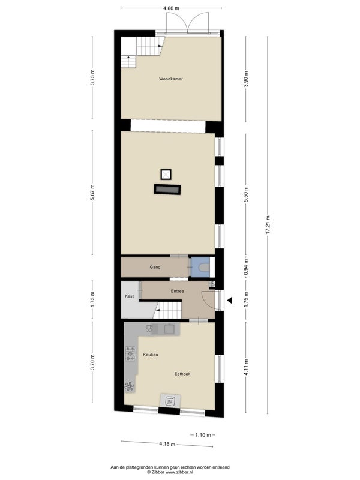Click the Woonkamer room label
click(171, 79)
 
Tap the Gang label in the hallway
click(155, 267)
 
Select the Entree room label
click(178, 291)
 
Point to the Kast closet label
click(130, 296)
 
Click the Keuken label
click(151, 355)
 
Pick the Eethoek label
click(182, 374)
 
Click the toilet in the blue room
click(204, 268)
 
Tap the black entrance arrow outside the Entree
click(230, 301)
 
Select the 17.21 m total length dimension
click(268, 225)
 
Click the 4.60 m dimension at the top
click(171, 8)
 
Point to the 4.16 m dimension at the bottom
click(167, 444)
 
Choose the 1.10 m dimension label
click(203, 435)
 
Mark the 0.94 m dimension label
click(246, 266)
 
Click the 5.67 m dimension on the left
click(92, 193)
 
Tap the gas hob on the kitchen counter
click(130, 353)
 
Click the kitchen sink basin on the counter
click(169, 329)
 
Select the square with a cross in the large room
click(166, 175)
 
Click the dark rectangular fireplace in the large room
click(167, 190)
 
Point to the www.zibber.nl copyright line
click(170, 472)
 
